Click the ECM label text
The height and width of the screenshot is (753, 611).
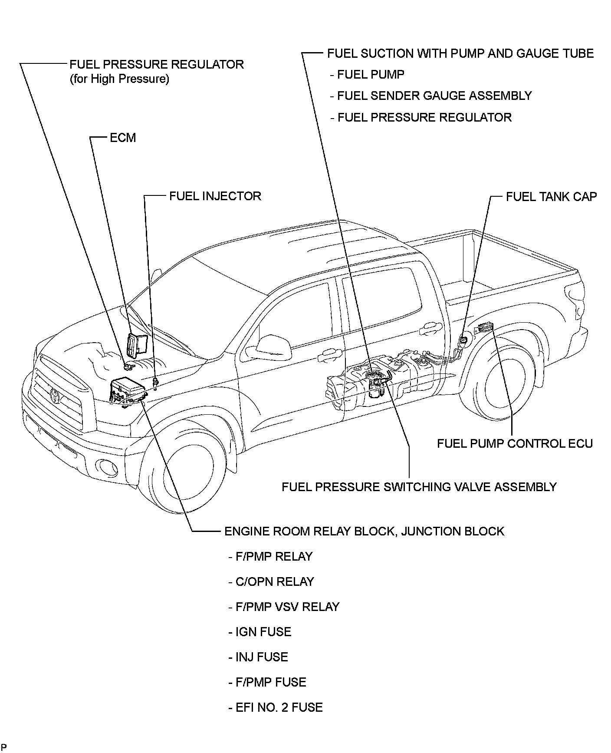[123, 138]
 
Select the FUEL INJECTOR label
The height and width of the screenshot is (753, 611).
[215, 196]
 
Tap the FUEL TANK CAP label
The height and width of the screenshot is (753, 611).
[551, 197]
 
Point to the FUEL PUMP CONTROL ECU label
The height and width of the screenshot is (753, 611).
[515, 443]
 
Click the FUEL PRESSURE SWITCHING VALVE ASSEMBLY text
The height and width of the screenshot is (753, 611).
[419, 487]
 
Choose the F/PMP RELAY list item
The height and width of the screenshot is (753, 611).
[274, 557]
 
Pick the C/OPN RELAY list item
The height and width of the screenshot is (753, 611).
[274, 582]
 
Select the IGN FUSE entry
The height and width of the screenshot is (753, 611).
[263, 632]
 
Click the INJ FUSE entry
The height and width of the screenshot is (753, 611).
[261, 657]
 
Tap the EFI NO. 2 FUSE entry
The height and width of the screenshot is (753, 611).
[279, 707]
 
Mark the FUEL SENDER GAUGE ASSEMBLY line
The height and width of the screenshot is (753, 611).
[434, 96]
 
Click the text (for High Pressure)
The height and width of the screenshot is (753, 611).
[119, 79]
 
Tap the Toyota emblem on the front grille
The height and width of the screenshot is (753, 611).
[56, 395]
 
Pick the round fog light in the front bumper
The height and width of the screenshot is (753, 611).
[106, 467]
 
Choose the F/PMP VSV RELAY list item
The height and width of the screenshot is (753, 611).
[287, 607]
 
